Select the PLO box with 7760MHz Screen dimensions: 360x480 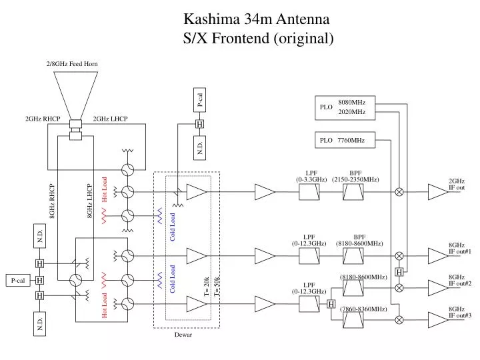[345, 141]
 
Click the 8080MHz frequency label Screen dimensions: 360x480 [351, 101]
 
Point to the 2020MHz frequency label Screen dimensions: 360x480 [351, 112]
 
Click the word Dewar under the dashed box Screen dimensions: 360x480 [183, 335]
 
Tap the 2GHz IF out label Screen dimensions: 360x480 [457, 184]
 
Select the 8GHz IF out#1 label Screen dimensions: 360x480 [459, 248]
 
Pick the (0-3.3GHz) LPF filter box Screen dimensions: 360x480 [309, 192]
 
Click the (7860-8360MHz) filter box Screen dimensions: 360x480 [353, 320]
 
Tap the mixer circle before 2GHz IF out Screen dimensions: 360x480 [399, 192]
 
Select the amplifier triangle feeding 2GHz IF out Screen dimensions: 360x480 [437, 192]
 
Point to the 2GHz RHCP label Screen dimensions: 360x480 [43, 119]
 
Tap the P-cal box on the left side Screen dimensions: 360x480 [17, 281]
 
